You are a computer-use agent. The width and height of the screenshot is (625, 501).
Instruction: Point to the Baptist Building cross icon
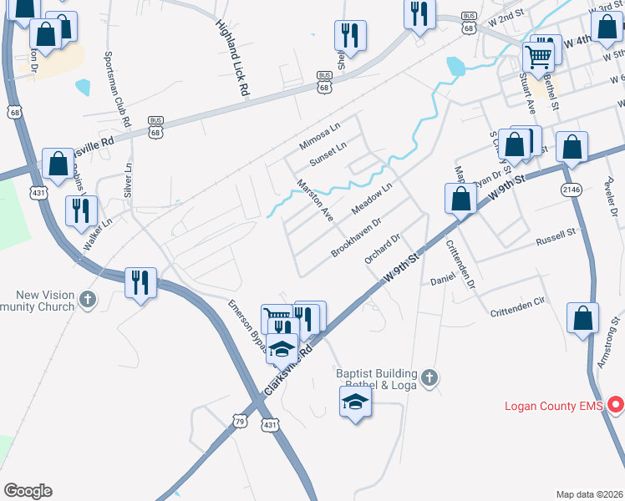429,378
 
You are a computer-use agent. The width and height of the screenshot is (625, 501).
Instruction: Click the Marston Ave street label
315,200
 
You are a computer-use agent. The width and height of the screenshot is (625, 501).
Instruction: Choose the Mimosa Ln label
321,137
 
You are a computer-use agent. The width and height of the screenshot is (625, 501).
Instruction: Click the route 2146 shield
571,190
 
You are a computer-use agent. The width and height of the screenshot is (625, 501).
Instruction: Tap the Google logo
28,491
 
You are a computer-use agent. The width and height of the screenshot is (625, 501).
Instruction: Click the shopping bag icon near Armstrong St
582,318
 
